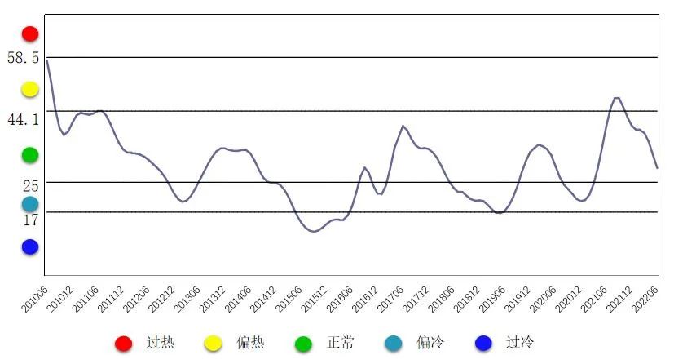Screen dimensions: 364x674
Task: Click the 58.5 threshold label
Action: pos(23,59)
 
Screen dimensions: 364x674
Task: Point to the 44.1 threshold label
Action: pos(23,120)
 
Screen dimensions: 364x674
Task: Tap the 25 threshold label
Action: pos(31,186)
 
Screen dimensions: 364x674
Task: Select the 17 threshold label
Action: pos(31,220)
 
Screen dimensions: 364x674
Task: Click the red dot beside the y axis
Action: pos(30,33)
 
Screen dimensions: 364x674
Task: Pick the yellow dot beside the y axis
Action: pos(30,89)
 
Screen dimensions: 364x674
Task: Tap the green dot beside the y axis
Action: pos(30,154)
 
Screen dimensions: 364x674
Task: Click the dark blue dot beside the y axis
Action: pos(30,246)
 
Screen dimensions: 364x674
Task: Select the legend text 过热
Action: pos(161,343)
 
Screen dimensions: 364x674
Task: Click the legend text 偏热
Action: pos(250,343)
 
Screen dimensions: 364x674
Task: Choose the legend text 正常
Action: pos(341,343)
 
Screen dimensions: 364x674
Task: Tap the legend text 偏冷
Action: pos(430,343)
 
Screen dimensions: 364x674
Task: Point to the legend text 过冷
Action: pos(519,343)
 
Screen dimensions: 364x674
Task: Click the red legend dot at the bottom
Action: pos(124,344)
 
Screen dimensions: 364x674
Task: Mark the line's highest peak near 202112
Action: pos(615,98)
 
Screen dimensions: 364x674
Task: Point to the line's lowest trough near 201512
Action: pos(314,232)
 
